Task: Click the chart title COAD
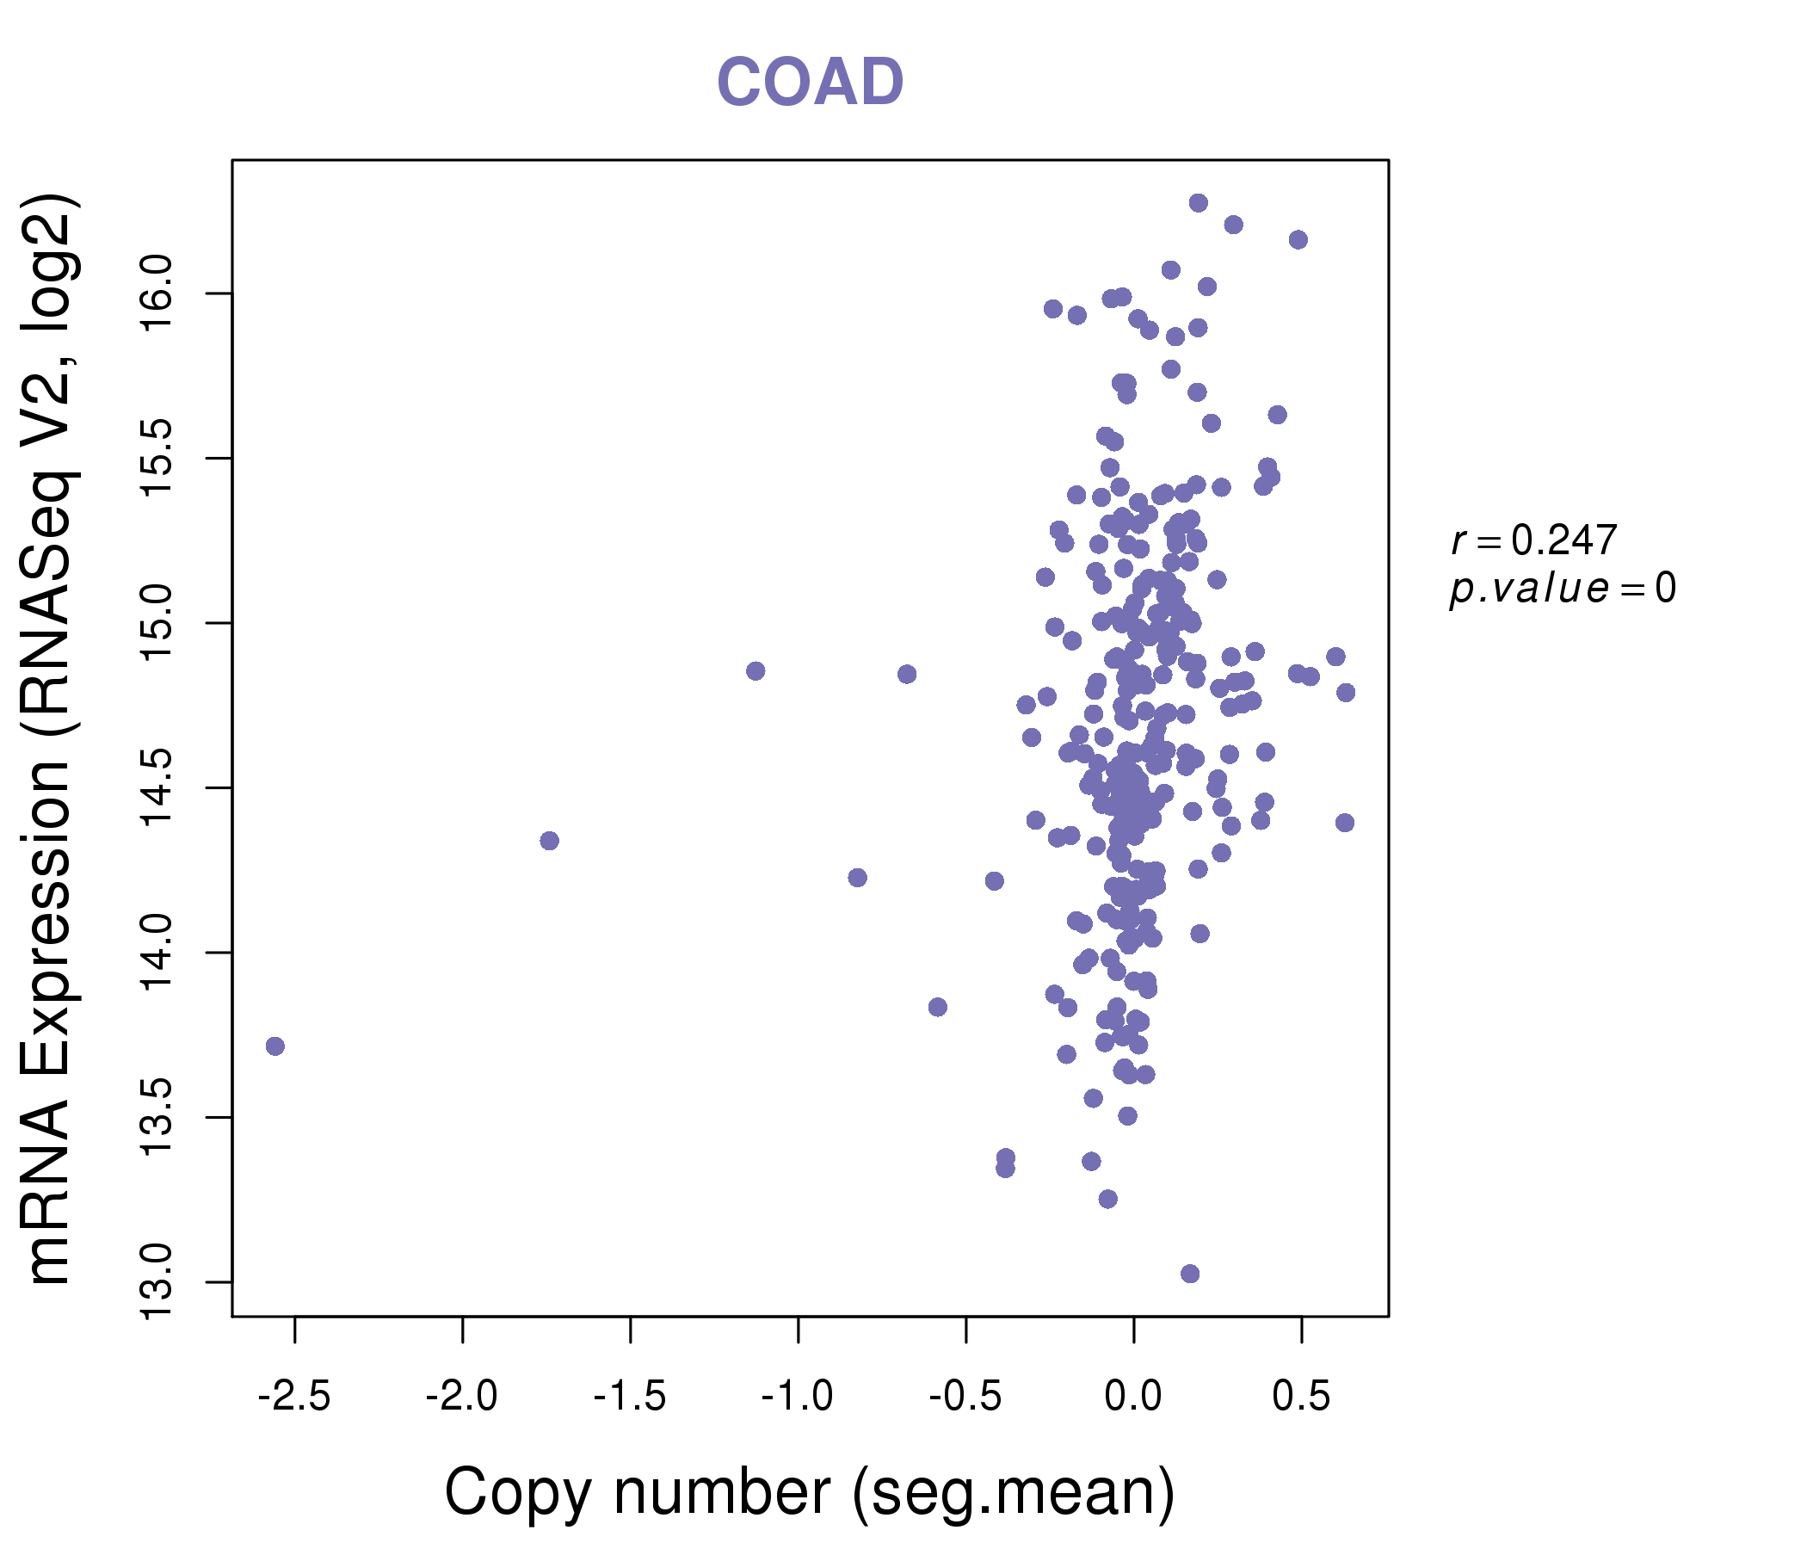(810, 82)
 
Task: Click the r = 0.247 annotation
(1534, 540)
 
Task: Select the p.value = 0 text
(1562, 589)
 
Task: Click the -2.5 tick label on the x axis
(294, 1397)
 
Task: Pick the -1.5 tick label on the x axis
(630, 1397)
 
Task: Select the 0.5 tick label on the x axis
(1301, 1397)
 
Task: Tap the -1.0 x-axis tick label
(797, 1397)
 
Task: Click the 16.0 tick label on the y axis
(157, 294)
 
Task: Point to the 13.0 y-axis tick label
(157, 1282)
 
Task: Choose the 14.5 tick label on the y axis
(157, 788)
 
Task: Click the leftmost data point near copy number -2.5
(274, 1046)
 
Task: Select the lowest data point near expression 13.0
(1189, 1274)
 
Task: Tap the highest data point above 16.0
(1199, 202)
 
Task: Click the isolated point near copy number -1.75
(550, 841)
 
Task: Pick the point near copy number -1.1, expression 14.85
(755, 670)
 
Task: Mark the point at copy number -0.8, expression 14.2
(857, 878)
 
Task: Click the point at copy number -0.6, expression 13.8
(938, 1008)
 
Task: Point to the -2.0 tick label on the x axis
(461, 1397)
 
